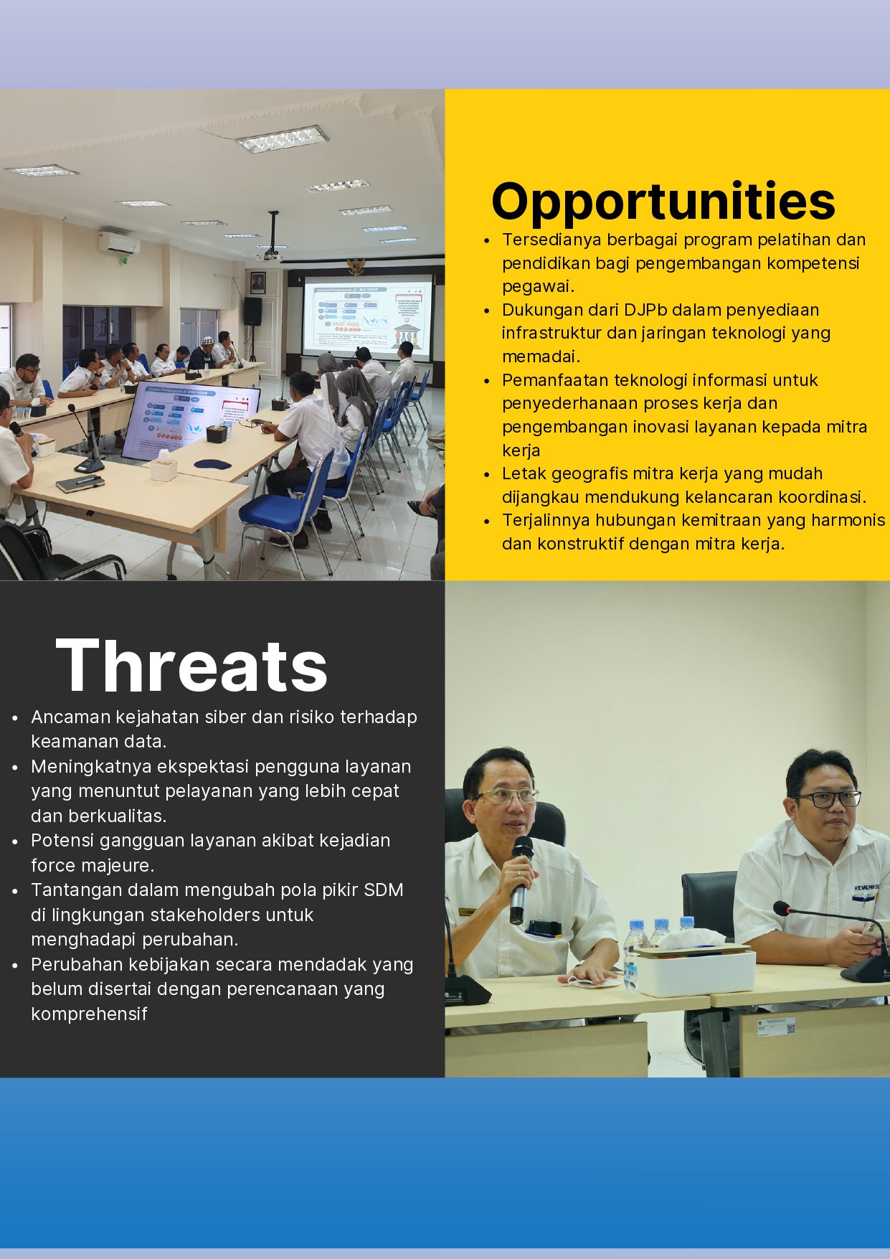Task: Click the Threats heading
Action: pos(191,666)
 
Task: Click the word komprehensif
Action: pos(89,1014)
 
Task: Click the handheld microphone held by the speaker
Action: pos(520,880)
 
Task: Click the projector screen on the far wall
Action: pos(367,317)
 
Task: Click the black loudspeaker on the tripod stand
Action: pos(252,311)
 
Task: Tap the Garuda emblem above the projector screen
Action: pos(356,266)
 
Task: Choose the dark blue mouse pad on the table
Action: pos(213,463)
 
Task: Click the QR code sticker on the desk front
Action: pos(791,1028)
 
